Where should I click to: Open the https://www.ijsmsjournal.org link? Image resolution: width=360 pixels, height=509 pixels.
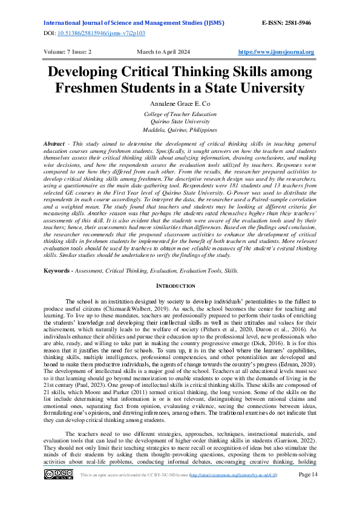277,52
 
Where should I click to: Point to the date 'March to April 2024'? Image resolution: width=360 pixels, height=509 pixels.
165,52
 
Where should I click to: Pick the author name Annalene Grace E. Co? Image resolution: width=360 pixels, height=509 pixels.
179,104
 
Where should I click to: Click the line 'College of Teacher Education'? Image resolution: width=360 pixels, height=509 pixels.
180,114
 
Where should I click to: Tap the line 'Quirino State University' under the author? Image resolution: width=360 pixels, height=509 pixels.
180,122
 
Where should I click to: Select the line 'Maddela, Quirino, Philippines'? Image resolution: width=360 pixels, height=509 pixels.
180,129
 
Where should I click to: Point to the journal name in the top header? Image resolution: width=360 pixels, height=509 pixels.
134,22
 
